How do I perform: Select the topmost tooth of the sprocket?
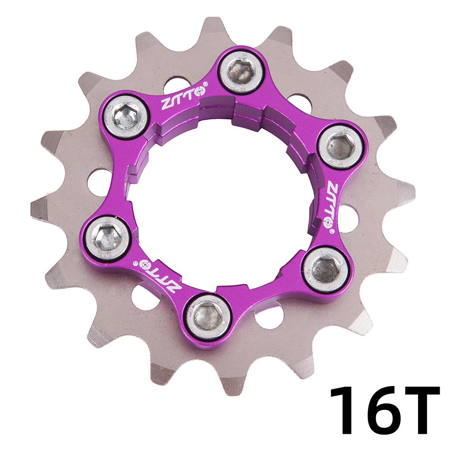click(211, 25)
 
